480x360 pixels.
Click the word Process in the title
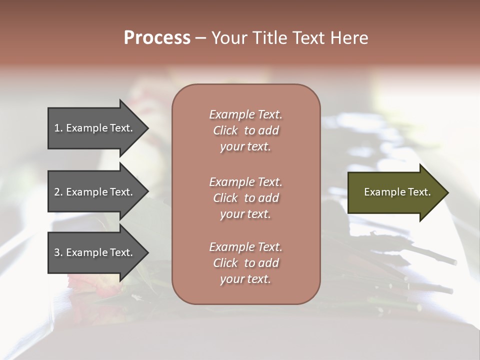pos(157,38)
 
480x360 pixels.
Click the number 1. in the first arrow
pos(58,128)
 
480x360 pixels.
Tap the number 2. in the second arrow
pos(58,192)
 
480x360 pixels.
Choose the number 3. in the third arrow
pos(58,252)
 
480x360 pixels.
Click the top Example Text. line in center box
pos(245,114)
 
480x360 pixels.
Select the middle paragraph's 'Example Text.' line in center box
pos(245,182)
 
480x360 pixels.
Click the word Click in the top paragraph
pos(225,130)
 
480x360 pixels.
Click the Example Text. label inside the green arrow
pos(397,192)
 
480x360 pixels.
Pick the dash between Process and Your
pos(200,38)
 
